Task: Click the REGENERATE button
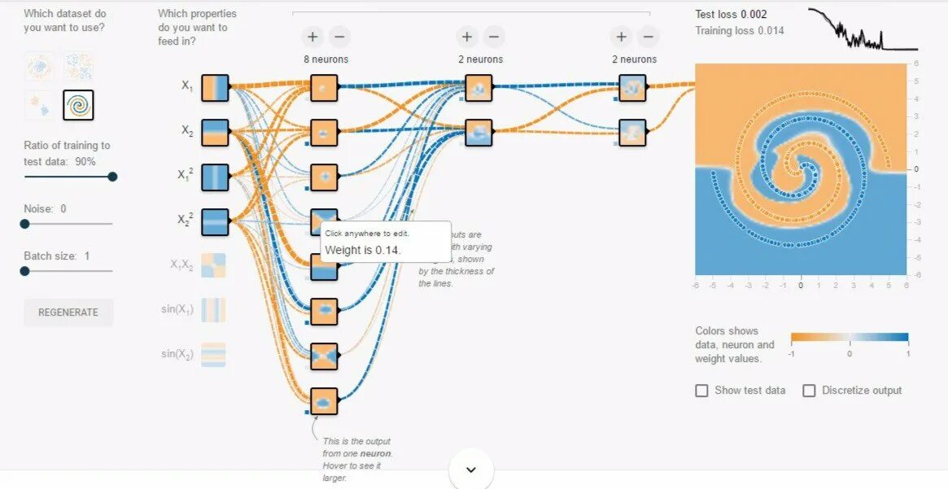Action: point(68,312)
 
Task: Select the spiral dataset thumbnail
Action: point(78,105)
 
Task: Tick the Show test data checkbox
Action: point(701,391)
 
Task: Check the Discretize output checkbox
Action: point(809,391)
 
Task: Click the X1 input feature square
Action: point(215,88)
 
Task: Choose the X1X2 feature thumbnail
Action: point(213,266)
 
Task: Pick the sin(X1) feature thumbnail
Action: point(213,310)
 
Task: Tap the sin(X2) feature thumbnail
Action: point(213,354)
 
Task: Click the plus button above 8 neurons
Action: point(312,37)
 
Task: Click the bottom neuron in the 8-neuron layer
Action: point(324,401)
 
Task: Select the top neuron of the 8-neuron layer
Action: point(324,88)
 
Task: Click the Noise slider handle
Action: point(24,224)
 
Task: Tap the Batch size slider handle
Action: point(24,271)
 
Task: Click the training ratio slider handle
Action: point(112,177)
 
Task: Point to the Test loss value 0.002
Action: point(754,14)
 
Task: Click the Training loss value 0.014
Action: point(771,31)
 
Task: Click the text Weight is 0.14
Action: point(363,250)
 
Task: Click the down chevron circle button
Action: point(470,469)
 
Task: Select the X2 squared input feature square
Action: point(215,220)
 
